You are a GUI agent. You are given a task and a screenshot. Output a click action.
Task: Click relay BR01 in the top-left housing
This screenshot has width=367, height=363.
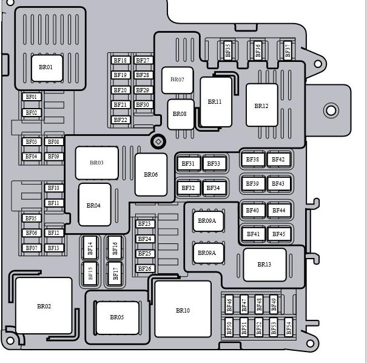[47, 68]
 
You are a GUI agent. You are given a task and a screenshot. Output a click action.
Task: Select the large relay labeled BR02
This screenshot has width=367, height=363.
[44, 305]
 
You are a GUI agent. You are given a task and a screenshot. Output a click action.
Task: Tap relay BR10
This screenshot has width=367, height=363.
[183, 309]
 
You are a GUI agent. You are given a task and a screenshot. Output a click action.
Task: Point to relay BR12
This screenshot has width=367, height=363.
[262, 105]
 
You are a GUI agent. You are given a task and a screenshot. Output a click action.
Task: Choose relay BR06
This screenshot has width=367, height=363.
[151, 174]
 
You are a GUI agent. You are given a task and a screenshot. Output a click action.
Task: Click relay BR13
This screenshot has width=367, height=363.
[264, 265]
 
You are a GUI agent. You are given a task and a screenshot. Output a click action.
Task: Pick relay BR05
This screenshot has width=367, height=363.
[118, 318]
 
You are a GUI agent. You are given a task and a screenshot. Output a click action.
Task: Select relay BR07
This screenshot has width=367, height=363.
[177, 80]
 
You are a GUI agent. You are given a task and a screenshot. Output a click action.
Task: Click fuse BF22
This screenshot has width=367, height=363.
[121, 120]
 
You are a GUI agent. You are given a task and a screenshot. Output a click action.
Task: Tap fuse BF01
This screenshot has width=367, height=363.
[32, 97]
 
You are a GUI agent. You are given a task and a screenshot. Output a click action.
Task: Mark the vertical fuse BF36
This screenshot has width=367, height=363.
[258, 50]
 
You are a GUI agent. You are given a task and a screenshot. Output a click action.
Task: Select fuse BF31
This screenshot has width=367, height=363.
[188, 163]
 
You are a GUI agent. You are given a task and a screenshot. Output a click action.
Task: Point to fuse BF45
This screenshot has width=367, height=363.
[279, 234]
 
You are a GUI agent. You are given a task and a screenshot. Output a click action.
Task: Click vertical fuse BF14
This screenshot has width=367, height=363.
[90, 248]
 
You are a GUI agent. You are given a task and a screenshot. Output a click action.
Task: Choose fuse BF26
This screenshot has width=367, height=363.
[145, 269]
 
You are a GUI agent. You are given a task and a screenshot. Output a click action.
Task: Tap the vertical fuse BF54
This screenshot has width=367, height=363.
[289, 327]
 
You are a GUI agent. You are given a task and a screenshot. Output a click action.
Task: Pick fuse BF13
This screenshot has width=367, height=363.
[54, 248]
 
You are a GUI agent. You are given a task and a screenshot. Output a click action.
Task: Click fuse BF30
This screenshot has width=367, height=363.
[143, 104]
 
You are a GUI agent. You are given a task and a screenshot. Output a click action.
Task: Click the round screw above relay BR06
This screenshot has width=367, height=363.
[158, 141]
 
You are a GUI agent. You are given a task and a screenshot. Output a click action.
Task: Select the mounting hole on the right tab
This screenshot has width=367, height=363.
[331, 110]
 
